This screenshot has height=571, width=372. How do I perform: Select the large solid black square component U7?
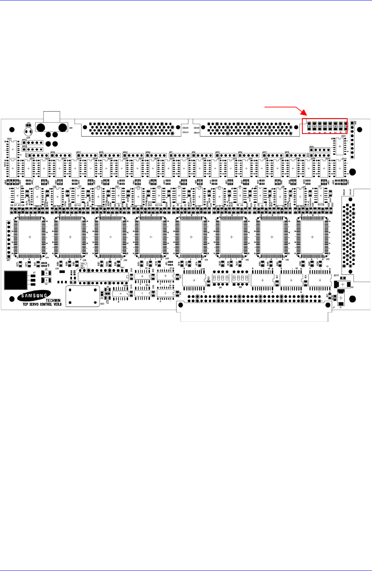click(15, 281)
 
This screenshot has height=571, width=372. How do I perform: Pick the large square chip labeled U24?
click(29, 237)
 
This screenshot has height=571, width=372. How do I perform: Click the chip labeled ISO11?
click(340, 146)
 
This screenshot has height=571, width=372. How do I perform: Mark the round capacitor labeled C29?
click(28, 132)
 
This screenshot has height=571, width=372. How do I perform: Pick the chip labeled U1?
click(319, 281)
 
